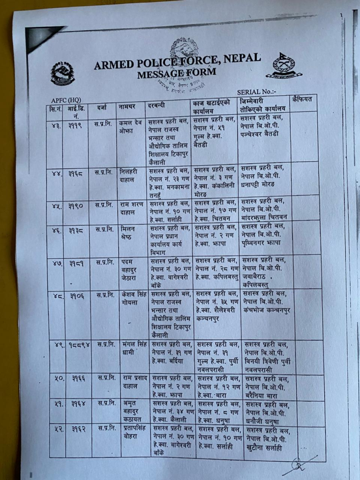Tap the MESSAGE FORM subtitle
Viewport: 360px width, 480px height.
point(177,73)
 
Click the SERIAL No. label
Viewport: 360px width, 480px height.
point(256,92)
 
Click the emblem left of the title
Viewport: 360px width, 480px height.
point(63,73)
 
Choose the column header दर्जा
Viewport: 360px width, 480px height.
point(102,108)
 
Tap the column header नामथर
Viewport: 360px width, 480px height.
point(127,108)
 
